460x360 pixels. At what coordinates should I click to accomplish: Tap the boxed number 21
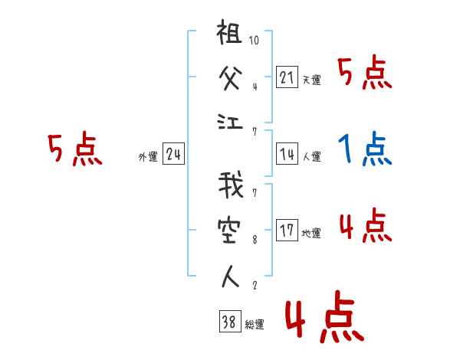(x=287, y=77)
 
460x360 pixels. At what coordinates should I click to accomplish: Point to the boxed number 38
(x=228, y=322)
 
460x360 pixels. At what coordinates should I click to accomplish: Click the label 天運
(x=311, y=80)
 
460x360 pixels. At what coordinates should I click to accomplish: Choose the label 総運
(x=254, y=324)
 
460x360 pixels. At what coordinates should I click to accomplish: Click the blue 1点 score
(x=364, y=149)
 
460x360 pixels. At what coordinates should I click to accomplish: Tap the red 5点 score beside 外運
(x=74, y=149)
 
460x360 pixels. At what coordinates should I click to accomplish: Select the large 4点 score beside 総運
(x=324, y=320)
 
